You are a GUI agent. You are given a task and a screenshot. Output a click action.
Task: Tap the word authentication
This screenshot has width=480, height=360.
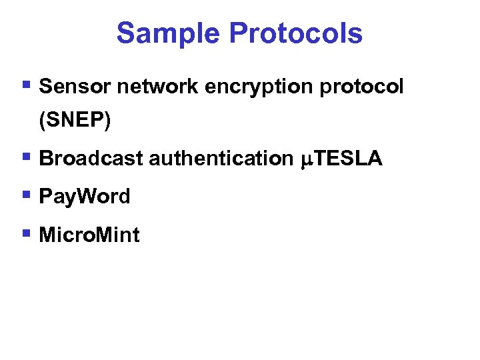click(220, 158)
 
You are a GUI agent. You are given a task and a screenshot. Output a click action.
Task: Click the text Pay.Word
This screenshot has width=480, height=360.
click(85, 197)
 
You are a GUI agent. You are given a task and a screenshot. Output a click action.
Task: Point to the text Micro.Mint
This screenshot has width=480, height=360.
click(89, 235)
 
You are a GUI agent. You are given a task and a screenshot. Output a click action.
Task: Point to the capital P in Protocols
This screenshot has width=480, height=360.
click(234, 33)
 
